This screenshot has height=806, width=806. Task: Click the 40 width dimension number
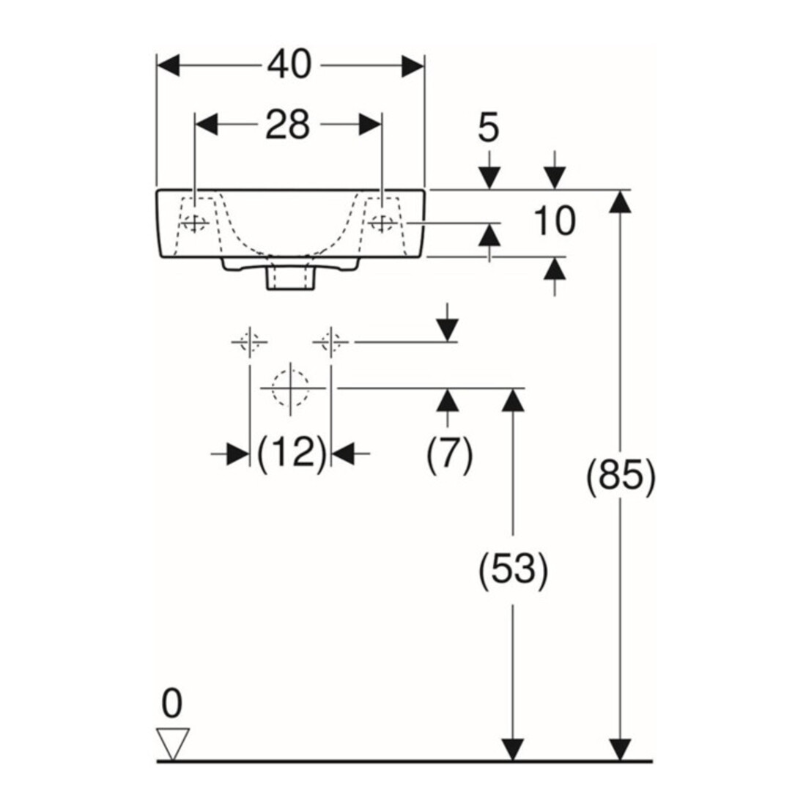[x=289, y=64]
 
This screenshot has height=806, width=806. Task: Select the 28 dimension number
[x=288, y=125]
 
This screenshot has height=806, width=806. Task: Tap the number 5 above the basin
[x=488, y=127]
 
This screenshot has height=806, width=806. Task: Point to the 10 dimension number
[x=554, y=221]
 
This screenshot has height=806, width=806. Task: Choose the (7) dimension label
[x=449, y=454]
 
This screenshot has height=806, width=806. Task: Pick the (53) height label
[x=513, y=571]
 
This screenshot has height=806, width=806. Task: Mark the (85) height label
[x=621, y=476]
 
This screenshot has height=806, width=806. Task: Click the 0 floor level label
[x=171, y=703]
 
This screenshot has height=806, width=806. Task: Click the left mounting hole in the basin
[x=194, y=223]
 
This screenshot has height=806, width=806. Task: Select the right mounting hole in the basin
[x=382, y=223]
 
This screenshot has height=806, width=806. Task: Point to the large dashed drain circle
[x=291, y=388]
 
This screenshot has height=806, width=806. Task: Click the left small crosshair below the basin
[x=250, y=342]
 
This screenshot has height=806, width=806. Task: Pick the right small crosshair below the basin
[x=331, y=342]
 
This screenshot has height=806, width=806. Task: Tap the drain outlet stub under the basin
[x=290, y=278]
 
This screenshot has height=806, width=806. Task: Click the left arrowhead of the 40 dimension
[x=168, y=65]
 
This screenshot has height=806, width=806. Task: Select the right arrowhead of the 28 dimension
[x=370, y=125]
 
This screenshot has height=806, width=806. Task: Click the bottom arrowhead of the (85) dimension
[x=621, y=749]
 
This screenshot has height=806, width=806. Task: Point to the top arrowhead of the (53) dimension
[x=512, y=400]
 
